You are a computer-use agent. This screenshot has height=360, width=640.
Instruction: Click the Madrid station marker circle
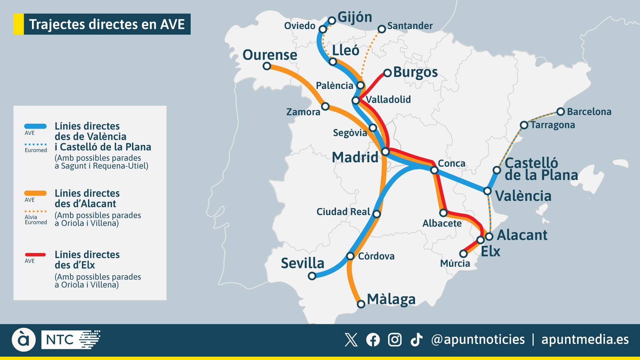pyautogui.click(x=385, y=152)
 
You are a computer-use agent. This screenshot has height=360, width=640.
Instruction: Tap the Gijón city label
pyautogui.click(x=354, y=17)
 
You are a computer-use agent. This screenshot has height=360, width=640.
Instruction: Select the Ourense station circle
pyautogui.click(x=267, y=66)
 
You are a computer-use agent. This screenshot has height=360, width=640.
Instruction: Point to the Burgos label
pyautogui.click(x=415, y=72)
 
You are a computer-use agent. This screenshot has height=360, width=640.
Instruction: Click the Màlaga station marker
pyautogui.click(x=361, y=304)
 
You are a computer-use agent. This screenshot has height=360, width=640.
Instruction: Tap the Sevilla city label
pyautogui.click(x=302, y=263)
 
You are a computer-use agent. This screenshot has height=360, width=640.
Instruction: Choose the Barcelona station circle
pyautogui.click(x=560, y=112)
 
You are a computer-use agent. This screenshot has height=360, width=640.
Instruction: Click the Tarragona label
pyautogui.click(x=553, y=125)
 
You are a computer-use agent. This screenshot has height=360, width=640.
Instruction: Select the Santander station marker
pyautogui.click(x=382, y=29)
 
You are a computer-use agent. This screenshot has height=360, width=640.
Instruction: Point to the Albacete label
pyautogui.click(x=442, y=224)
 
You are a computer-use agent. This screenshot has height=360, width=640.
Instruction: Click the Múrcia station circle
pyautogui.click(x=463, y=254)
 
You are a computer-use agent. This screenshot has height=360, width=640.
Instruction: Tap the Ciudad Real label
pyautogui.click(x=343, y=212)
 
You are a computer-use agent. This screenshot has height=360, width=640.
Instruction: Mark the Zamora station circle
pyautogui.click(x=325, y=106)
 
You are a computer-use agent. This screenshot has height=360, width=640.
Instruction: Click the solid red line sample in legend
pyautogui.click(x=36, y=254)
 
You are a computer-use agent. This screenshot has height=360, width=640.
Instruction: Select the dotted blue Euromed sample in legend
pyautogui.click(x=36, y=144)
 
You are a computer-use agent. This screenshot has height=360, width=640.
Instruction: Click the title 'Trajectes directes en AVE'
pyautogui.click(x=107, y=24)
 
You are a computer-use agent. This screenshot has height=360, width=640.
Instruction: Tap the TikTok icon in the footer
pyautogui.click(x=416, y=340)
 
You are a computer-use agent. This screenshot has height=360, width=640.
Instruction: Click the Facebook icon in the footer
pyautogui.click(x=373, y=340)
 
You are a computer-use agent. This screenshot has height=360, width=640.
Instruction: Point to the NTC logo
pyautogui.click(x=71, y=340)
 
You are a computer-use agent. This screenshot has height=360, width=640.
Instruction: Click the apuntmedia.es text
pyautogui.click(x=585, y=340)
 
